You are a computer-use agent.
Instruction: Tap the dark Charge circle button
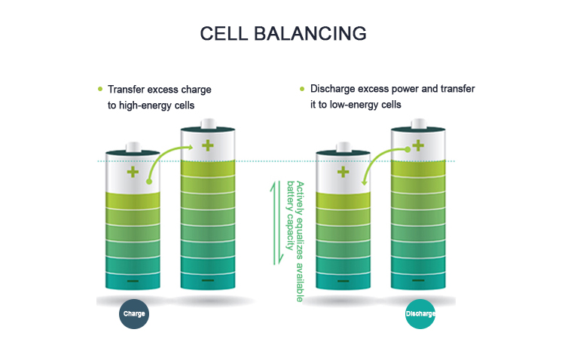coord(134,313)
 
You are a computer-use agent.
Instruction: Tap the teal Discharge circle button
coord(420,313)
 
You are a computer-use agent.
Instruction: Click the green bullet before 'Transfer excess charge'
coord(100,89)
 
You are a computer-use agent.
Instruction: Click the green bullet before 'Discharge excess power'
coord(302,89)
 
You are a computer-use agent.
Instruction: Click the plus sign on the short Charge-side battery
coord(133,172)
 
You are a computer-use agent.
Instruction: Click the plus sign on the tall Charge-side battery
coord(207,145)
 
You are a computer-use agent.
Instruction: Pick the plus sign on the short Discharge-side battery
coord(343,172)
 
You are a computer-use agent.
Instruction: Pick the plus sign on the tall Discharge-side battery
coord(417,145)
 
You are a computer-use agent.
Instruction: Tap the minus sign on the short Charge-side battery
coord(133,281)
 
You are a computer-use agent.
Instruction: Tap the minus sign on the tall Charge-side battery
coord(207,281)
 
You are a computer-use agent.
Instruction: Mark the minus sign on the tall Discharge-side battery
coord(417,281)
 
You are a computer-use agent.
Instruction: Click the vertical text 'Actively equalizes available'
coord(300,241)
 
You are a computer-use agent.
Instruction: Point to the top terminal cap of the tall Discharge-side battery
coord(417,125)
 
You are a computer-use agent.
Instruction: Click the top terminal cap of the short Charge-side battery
coord(133,146)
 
